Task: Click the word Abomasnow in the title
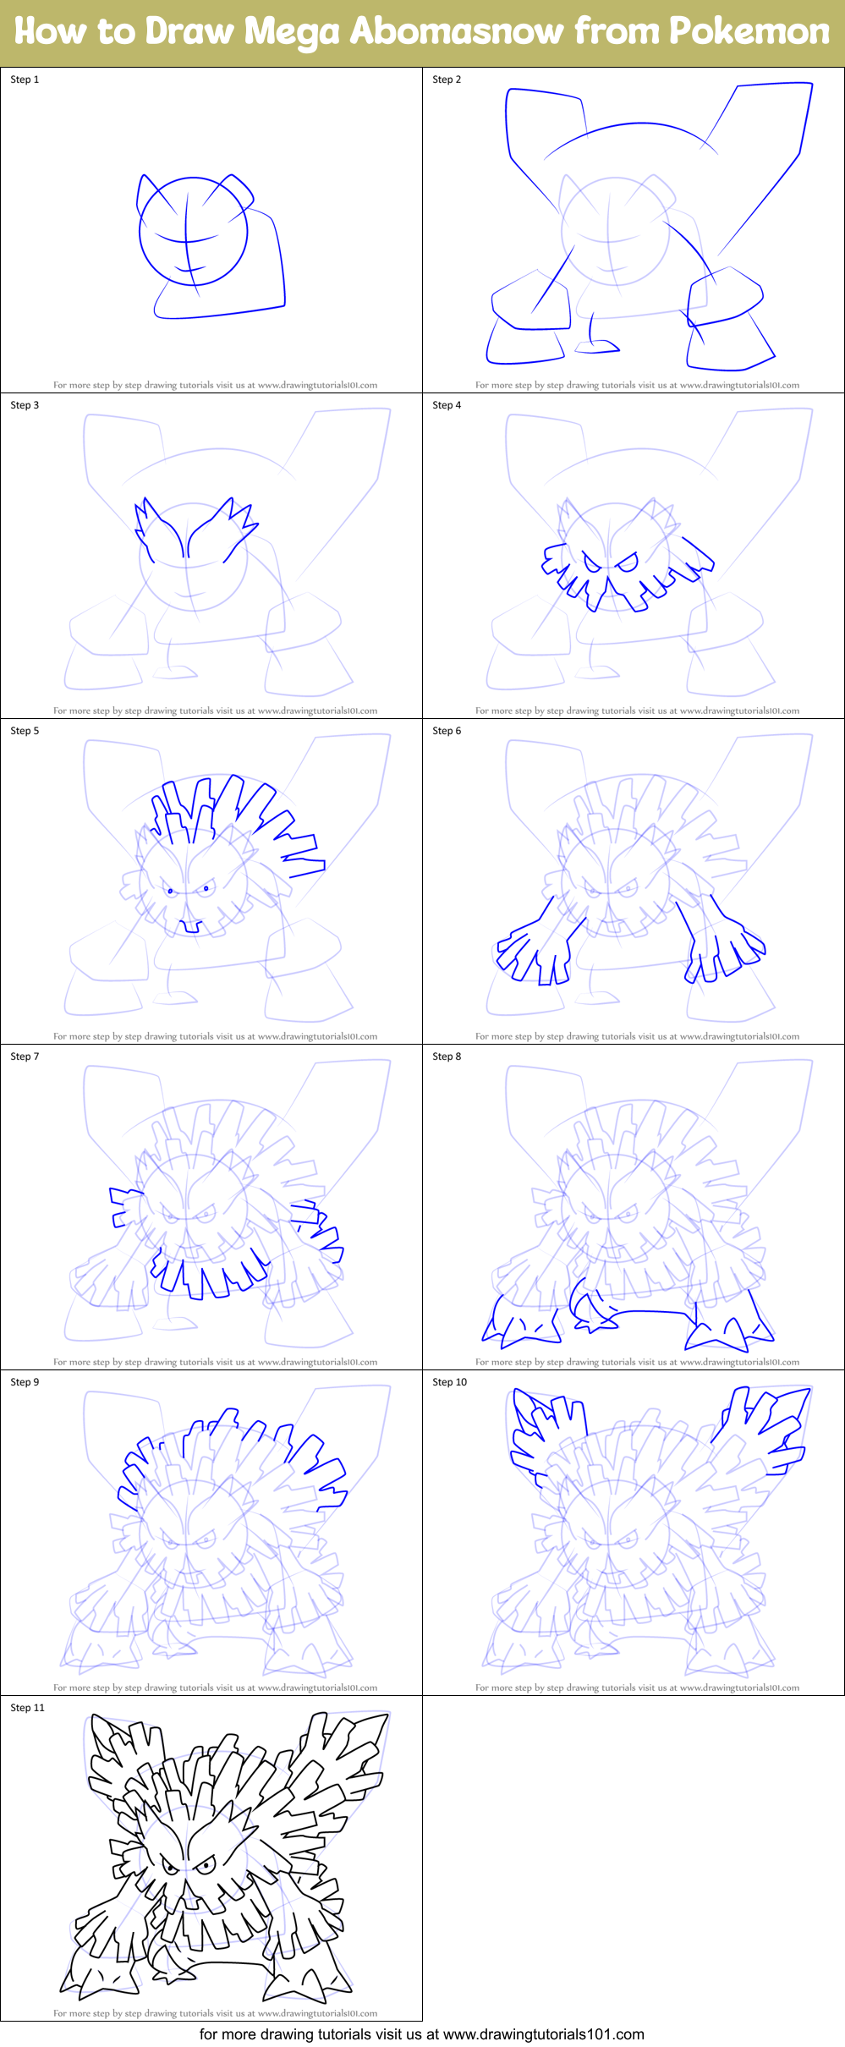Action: point(456,32)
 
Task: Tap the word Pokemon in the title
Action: point(749,32)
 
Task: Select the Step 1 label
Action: point(25,80)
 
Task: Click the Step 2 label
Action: point(447,80)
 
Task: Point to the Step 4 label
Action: point(447,405)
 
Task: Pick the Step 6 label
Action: point(447,731)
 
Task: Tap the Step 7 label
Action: point(25,1056)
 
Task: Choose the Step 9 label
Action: point(25,1382)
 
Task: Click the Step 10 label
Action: point(449,1382)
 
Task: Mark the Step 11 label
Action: point(27,1708)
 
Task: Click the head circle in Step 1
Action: point(193,232)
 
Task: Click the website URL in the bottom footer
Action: point(543,2034)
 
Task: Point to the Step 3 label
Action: point(25,405)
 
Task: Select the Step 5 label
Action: point(25,731)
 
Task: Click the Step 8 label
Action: point(447,1056)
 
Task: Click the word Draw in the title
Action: point(189,32)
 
